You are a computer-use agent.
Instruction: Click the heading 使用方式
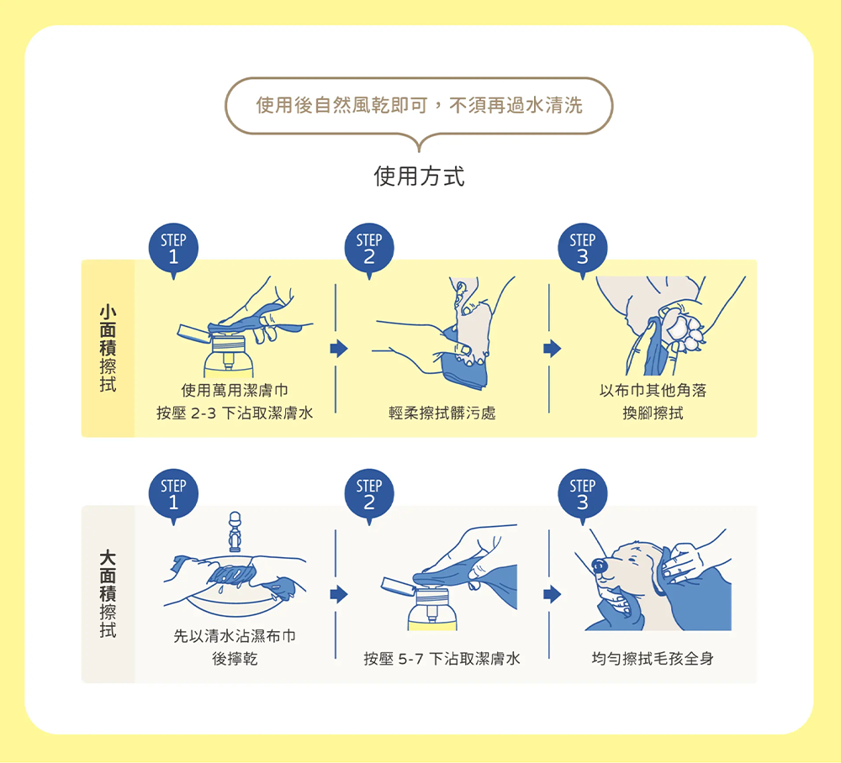click(419, 176)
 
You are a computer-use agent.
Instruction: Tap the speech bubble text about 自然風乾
click(419, 106)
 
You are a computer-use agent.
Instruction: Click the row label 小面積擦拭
click(108, 349)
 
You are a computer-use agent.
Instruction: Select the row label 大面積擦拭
click(108, 594)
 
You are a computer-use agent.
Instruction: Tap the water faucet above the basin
click(235, 531)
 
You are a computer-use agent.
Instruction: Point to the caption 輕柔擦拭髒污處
click(442, 413)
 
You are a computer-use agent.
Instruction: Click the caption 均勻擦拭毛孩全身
click(653, 659)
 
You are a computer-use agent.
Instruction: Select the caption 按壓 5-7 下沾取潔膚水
click(442, 659)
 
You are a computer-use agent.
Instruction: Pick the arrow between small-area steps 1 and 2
click(339, 348)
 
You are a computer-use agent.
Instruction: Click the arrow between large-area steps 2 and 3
click(552, 594)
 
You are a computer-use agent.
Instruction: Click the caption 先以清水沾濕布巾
click(235, 636)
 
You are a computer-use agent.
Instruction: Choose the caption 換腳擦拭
click(653, 413)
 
